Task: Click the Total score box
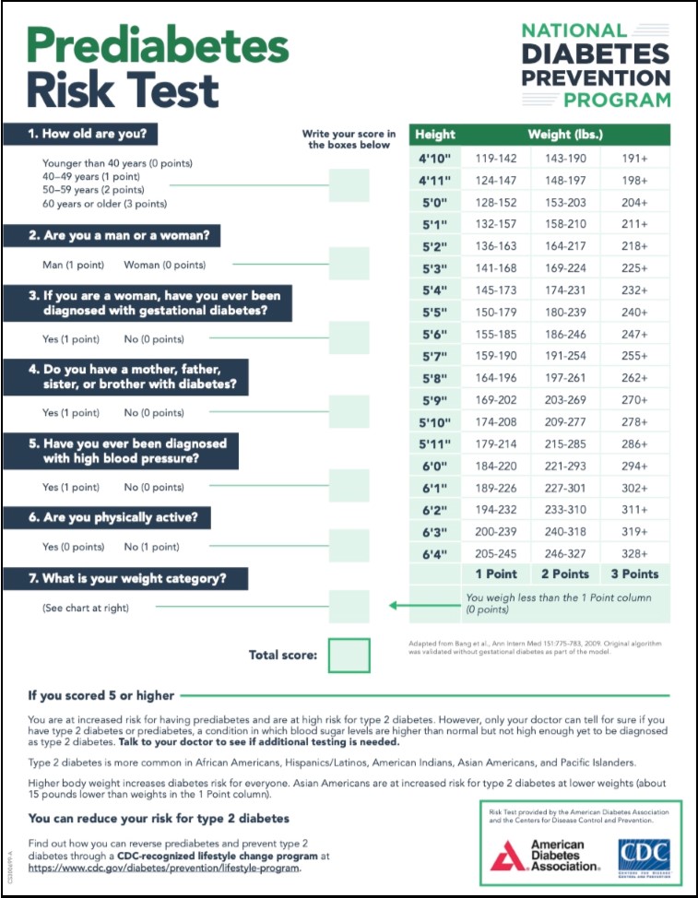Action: tap(349, 656)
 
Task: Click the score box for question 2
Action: tap(349, 264)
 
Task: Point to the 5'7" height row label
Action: tap(434, 355)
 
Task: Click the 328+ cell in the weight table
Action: tap(634, 553)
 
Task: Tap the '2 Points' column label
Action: tap(564, 573)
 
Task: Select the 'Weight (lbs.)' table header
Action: tap(565, 135)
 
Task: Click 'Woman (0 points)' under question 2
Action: tap(164, 265)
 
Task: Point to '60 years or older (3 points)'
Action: tap(105, 203)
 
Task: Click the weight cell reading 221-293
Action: tap(564, 467)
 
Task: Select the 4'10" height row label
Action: tap(434, 159)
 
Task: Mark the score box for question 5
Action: tap(349, 486)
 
